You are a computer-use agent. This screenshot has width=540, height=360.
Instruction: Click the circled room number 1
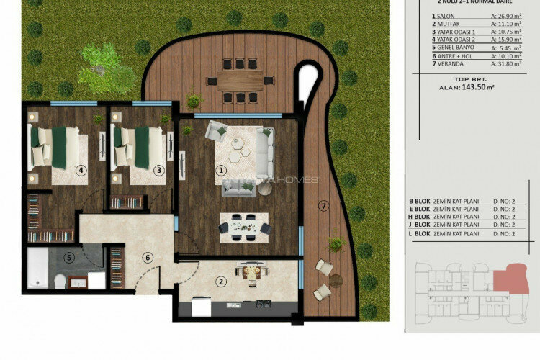point(222,171)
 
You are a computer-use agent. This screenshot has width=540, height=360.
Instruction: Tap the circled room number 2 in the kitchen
point(222,282)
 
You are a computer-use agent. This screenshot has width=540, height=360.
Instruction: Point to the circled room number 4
point(81,171)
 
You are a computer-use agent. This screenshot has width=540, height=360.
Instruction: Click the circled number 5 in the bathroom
point(69,256)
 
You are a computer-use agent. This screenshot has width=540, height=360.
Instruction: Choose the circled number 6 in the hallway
point(147,257)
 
